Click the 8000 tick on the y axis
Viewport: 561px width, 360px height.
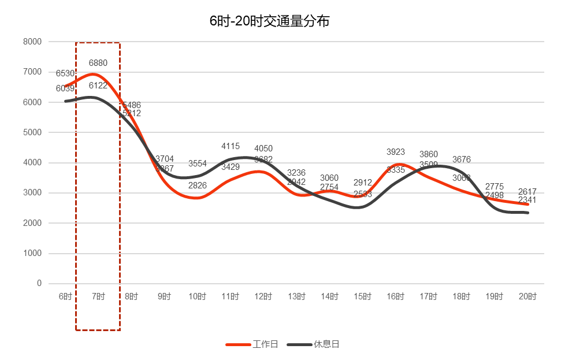(x=32, y=42)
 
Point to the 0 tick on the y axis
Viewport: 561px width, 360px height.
(x=39, y=283)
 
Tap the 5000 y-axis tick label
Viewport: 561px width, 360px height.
(x=32, y=132)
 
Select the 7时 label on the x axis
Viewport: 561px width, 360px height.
(x=98, y=296)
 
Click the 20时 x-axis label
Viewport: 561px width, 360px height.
(x=527, y=296)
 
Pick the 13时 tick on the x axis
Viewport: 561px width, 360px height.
(x=296, y=296)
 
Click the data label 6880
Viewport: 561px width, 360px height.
(x=98, y=63)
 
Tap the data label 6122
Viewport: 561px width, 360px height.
(x=98, y=86)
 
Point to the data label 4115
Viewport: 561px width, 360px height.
(x=231, y=147)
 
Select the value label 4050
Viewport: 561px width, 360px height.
(x=263, y=149)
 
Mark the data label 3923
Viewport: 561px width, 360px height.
(x=396, y=152)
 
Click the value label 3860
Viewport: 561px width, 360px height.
(x=429, y=154)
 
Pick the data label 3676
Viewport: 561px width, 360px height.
(x=462, y=159)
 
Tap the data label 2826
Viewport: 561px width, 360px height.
(x=198, y=185)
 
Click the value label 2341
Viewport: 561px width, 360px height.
(x=527, y=200)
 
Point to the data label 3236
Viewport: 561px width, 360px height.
(x=296, y=173)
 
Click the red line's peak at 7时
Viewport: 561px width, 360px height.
(x=94, y=74)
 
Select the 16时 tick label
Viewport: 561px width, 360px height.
(x=396, y=296)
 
